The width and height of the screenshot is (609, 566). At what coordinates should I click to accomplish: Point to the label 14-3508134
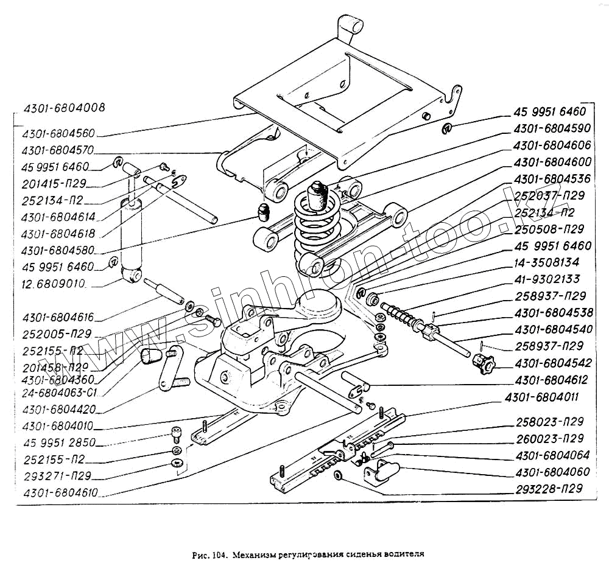click(x=547, y=262)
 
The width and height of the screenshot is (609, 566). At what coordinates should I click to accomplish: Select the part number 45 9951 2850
click(x=58, y=442)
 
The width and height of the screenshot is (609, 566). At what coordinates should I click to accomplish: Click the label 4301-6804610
click(x=60, y=493)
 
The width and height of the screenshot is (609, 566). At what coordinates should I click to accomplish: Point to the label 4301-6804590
click(x=552, y=128)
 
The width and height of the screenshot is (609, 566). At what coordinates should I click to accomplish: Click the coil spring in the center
click(x=318, y=234)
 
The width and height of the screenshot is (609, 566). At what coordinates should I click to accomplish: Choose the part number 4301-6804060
click(x=552, y=471)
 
